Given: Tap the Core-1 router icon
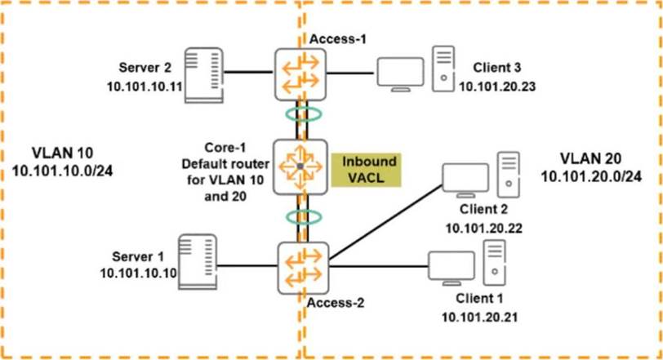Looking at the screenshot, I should click(x=301, y=167).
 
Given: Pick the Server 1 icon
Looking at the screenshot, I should click(x=197, y=260).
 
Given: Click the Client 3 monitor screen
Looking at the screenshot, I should click(x=399, y=70).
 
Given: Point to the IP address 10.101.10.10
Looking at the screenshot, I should click(x=139, y=273).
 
